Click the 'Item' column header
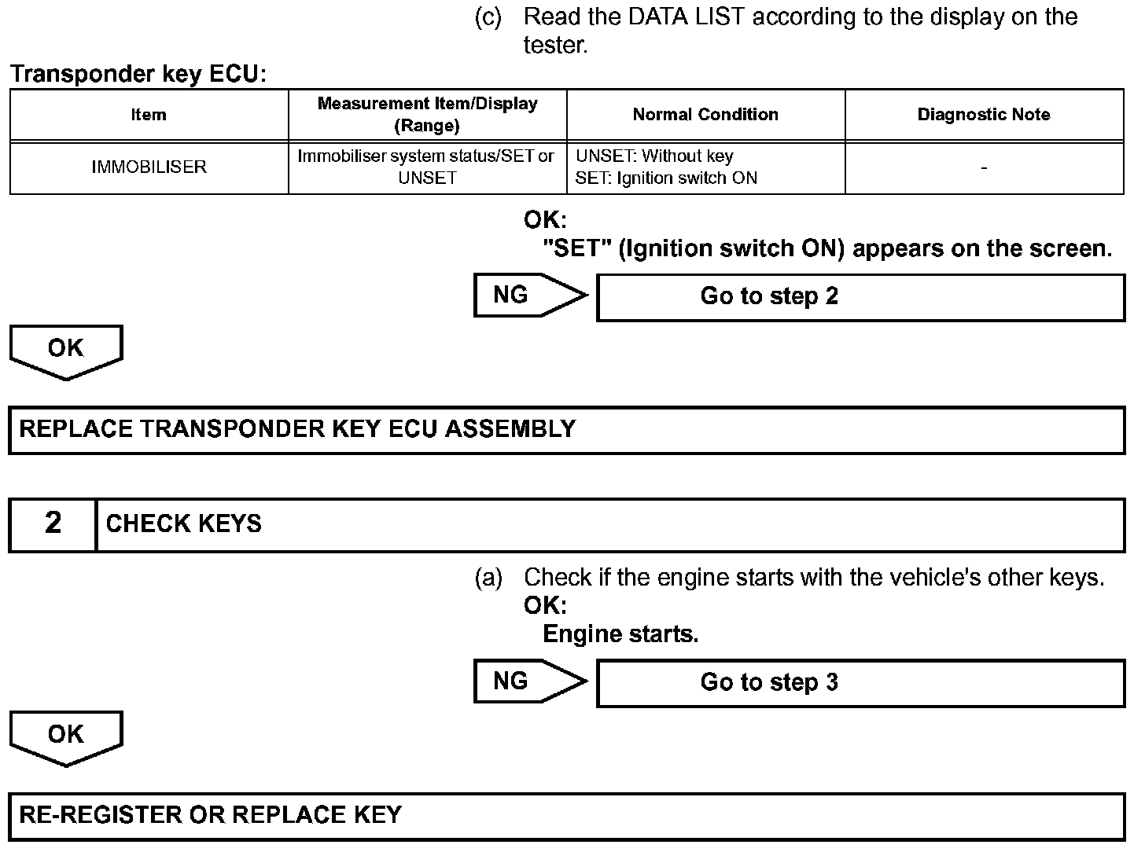(149, 115)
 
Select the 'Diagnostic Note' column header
(983, 115)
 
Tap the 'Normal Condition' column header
(705, 115)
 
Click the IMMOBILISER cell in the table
(149, 167)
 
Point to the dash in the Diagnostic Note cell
(984, 167)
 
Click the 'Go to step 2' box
(860, 297)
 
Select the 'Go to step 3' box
(860, 682)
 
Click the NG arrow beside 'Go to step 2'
(529, 296)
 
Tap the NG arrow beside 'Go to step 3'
(529, 681)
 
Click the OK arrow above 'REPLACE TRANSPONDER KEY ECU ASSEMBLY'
(66, 351)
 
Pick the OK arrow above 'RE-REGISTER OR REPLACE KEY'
(66, 736)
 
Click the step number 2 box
(53, 524)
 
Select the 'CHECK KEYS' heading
(183, 524)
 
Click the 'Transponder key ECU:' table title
(138, 75)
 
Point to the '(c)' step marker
(488, 17)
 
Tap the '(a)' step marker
(488, 578)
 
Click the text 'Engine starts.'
(620, 633)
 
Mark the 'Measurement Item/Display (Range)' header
(427, 115)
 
